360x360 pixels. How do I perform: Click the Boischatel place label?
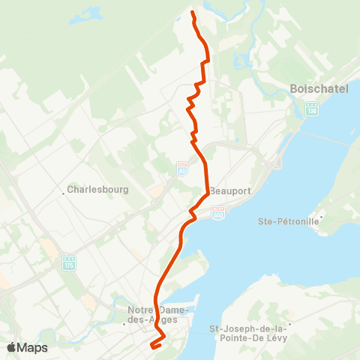pos(318,89)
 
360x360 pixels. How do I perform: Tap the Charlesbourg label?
pos(97,190)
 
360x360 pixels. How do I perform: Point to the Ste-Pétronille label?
pos(288,221)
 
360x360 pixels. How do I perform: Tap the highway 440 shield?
pos(218,214)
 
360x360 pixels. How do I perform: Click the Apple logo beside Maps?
pos(11,347)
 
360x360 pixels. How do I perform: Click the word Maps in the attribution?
pos(32,347)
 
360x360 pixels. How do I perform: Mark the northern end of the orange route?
pos(193,13)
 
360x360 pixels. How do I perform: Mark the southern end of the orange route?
pos(152,346)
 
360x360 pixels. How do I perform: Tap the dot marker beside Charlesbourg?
pos(64,190)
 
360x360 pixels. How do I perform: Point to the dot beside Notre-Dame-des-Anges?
pos(124,325)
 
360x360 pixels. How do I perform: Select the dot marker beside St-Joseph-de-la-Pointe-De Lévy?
pos(290,326)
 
